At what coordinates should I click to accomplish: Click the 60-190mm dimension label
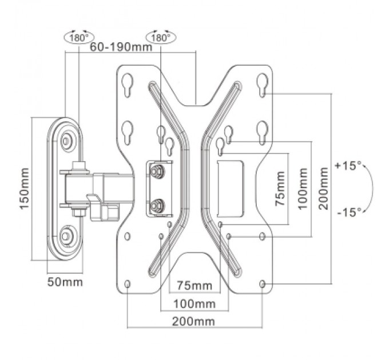tap(121, 47)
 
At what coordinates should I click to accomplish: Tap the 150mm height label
tap(25, 189)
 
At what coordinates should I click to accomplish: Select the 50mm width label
tap(65, 282)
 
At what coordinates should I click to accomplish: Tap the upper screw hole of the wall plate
tap(68, 139)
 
